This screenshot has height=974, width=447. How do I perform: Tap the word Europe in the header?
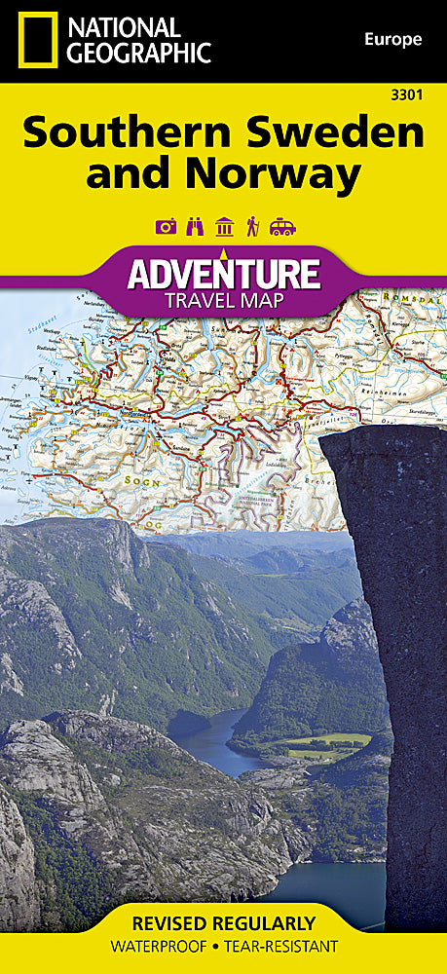coord(392,39)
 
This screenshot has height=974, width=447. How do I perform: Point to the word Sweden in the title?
coord(336,132)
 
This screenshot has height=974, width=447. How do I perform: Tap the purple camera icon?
coord(166,227)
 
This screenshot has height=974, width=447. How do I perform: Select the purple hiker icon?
coord(252,227)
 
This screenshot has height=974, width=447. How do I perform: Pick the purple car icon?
coord(282,227)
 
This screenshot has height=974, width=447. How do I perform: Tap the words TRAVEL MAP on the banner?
coord(223,299)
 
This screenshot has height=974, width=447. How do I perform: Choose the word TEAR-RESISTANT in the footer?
coord(290,947)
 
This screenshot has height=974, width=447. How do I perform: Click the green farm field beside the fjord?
coord(321,745)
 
